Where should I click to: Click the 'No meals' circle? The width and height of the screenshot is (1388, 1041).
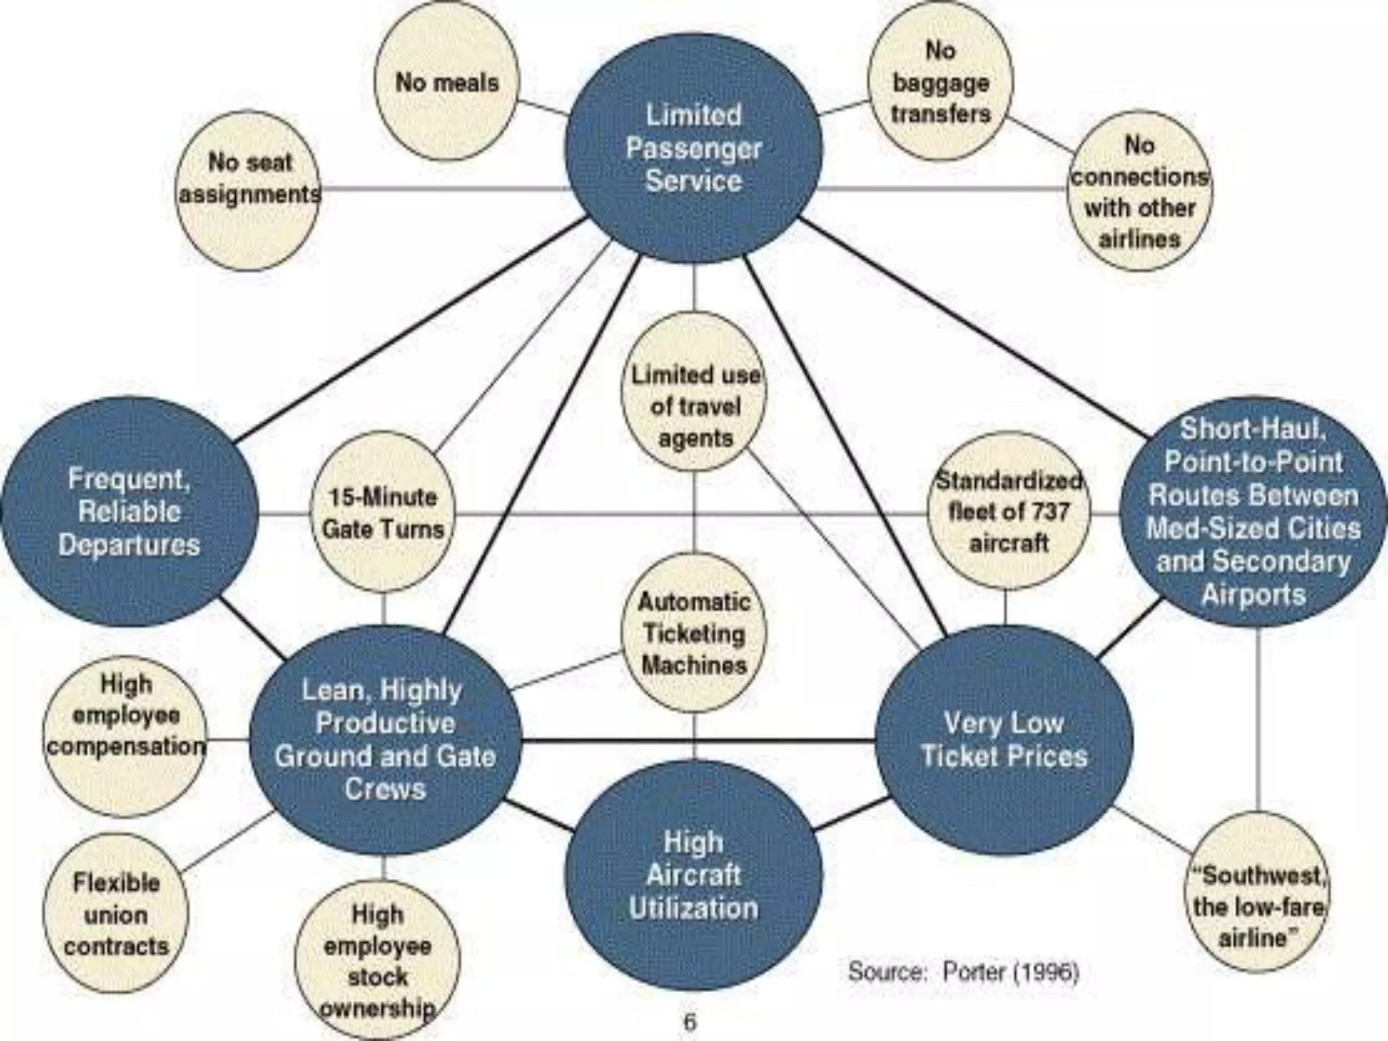point(447,82)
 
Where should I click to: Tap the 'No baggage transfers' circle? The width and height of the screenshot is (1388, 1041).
point(941,82)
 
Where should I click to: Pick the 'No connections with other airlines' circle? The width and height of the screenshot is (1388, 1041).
point(1139,191)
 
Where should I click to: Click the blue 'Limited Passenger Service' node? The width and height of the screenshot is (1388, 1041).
point(693,148)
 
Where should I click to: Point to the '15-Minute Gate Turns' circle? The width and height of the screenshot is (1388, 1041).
point(383,513)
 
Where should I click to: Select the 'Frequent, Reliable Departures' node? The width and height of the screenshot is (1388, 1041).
point(129,512)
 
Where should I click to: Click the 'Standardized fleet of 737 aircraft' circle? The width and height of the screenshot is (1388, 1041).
point(1008,512)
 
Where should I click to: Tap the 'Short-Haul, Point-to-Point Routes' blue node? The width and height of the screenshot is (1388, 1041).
point(1253,512)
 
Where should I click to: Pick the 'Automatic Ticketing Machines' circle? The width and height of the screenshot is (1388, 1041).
point(694,634)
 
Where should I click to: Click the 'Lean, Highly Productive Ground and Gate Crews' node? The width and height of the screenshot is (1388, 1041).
point(385,739)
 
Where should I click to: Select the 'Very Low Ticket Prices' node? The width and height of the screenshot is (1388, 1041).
point(1004,739)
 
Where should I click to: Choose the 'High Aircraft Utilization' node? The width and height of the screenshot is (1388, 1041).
point(693,875)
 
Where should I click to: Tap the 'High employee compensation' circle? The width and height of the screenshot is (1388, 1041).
point(125,737)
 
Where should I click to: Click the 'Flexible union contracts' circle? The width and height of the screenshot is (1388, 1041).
point(116,914)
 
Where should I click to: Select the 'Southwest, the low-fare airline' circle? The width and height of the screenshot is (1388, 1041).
point(1257,906)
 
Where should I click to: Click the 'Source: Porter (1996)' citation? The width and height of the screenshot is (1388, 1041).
point(962,972)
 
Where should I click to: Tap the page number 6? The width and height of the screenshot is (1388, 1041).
point(690,1021)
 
